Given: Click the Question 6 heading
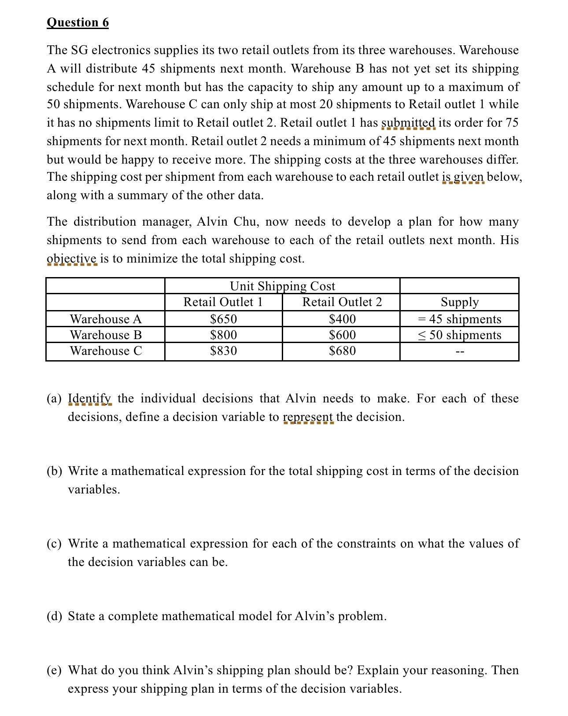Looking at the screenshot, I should pyautogui.click(x=77, y=22).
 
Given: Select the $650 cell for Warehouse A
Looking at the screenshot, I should pyautogui.click(x=223, y=319).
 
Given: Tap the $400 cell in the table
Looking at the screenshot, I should pyautogui.click(x=342, y=319).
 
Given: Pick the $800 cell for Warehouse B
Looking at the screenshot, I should pyautogui.click(x=223, y=335).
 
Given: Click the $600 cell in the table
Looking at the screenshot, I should pyautogui.click(x=342, y=335).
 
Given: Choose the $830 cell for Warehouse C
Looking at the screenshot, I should pyautogui.click(x=223, y=351).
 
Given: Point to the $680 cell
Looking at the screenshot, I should pyautogui.click(x=342, y=351).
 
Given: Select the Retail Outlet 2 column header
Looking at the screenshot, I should pyautogui.click(x=342, y=302).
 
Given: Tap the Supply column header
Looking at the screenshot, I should pyautogui.click(x=459, y=302).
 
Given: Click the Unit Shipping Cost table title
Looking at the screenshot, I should pyautogui.click(x=282, y=286).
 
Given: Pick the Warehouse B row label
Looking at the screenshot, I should pyautogui.click(x=106, y=335).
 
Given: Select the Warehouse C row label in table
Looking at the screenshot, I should pyautogui.click(x=106, y=351).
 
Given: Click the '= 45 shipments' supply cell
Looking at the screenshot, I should pyautogui.click(x=459, y=319).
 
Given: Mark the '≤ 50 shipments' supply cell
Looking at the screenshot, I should pyautogui.click(x=459, y=335).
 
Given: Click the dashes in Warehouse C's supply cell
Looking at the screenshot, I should pyautogui.click(x=460, y=351).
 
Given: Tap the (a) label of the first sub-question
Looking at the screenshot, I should pyautogui.click(x=55, y=398).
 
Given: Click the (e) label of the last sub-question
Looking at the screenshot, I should pyautogui.click(x=55, y=670).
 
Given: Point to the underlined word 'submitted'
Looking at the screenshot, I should pyautogui.click(x=408, y=123).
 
